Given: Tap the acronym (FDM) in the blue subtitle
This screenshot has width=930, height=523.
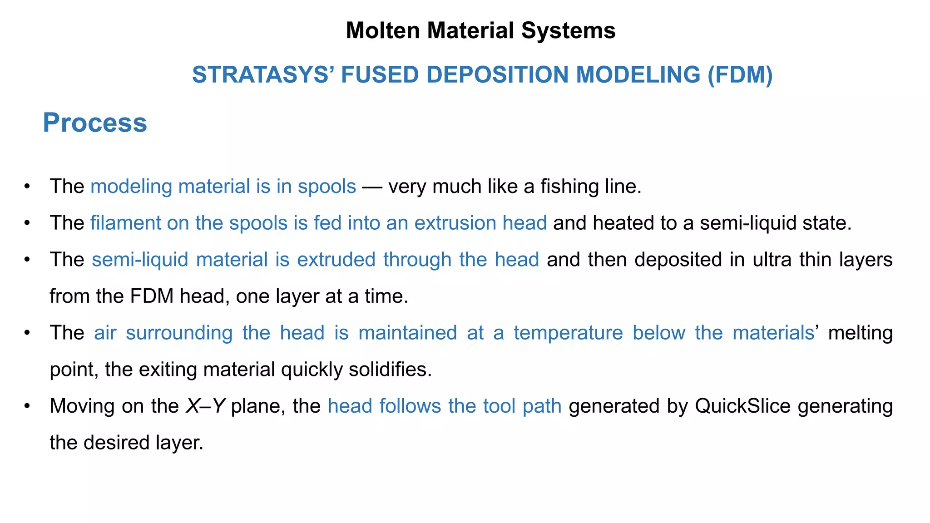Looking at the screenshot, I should tap(740, 75).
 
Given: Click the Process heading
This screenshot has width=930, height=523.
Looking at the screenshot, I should tap(95, 123).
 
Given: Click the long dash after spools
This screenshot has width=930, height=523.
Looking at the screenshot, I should tap(372, 187).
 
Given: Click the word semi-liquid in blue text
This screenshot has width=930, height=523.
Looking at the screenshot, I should tap(140, 260).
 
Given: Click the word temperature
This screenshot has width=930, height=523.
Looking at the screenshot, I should tap(568, 333).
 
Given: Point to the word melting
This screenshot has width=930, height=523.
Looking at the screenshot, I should tap(860, 333).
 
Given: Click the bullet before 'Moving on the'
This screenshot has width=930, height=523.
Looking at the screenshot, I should tap(27, 405).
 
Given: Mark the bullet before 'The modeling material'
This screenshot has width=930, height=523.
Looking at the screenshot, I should tap(27, 186).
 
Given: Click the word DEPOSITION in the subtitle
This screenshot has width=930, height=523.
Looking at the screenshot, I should tap(497, 75).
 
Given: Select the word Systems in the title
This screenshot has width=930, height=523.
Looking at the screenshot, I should tap(568, 31).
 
